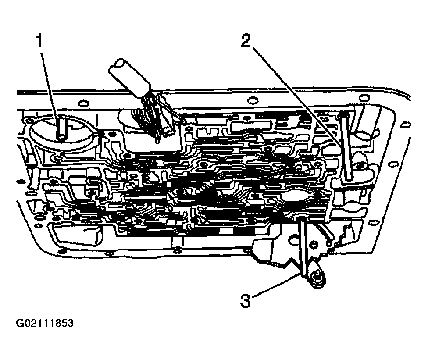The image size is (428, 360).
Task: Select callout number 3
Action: (x=245, y=301)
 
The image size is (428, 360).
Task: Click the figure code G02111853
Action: (x=45, y=324)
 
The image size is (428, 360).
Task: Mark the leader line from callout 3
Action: (x=277, y=285)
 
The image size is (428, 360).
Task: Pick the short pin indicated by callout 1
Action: (x=62, y=128)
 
